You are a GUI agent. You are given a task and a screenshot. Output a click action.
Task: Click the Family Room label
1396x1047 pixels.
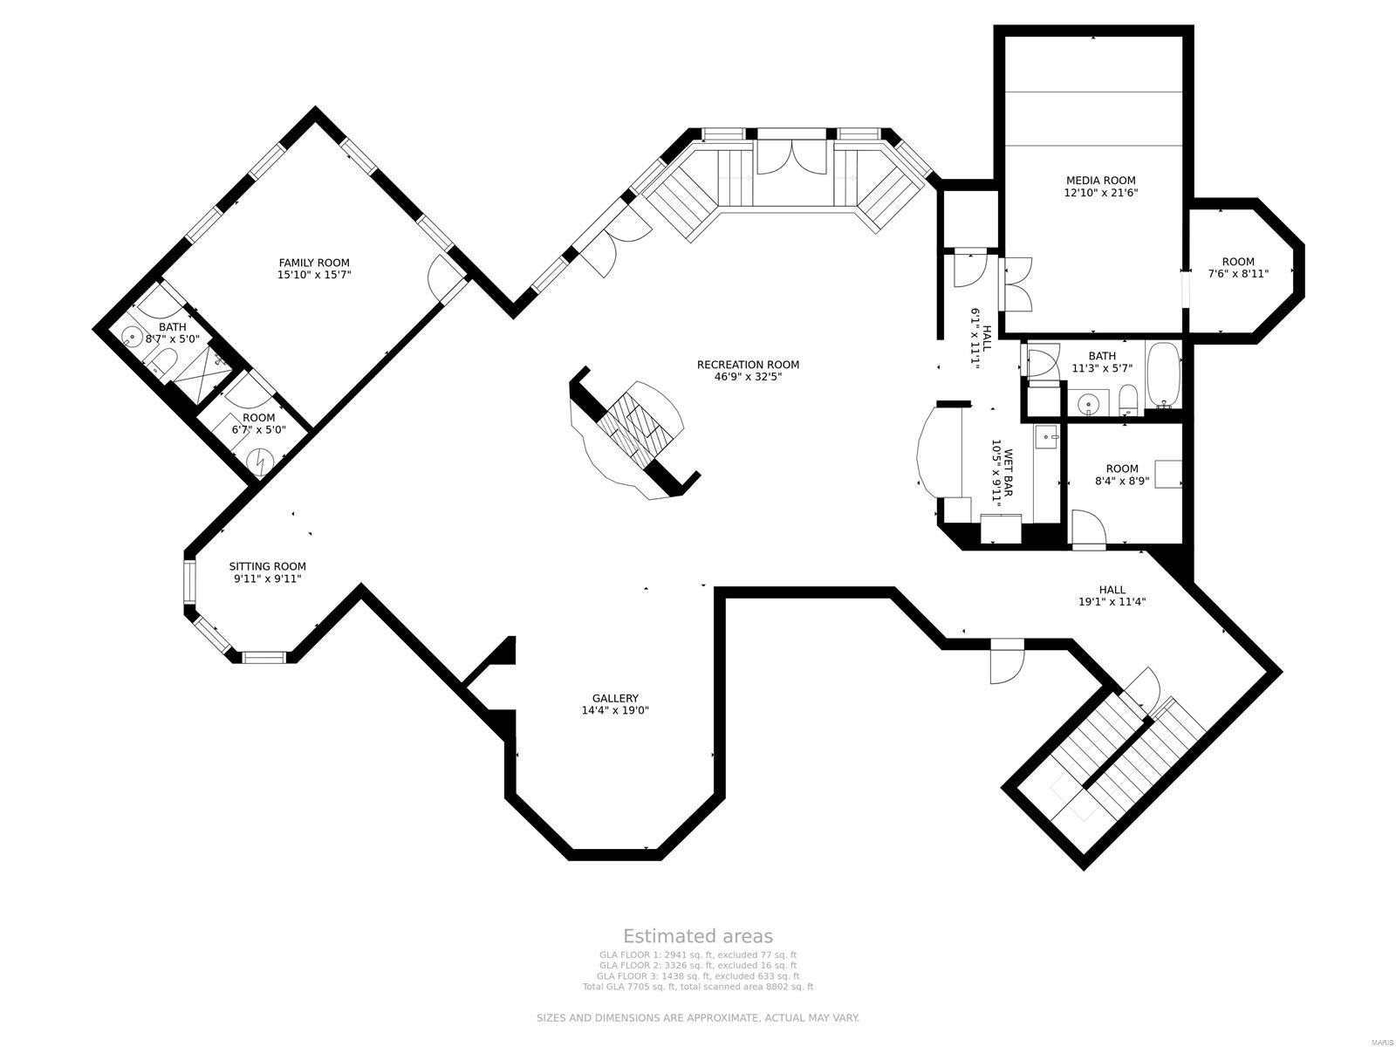pos(314,263)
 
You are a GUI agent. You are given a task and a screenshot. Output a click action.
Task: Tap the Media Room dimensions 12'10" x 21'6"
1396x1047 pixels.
pos(1100,194)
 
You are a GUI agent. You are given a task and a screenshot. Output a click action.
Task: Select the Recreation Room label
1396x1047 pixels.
pos(748,365)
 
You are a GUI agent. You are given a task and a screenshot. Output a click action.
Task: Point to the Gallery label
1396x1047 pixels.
pos(615,698)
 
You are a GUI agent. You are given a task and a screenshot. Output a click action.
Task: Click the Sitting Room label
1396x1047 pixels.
pos(267,566)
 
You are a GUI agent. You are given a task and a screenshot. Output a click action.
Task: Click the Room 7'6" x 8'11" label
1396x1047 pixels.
pos(1237,262)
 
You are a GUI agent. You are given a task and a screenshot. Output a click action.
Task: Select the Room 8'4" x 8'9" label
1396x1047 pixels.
pos(1122,469)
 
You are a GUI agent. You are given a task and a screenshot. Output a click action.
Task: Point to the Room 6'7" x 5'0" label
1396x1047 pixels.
pos(258,418)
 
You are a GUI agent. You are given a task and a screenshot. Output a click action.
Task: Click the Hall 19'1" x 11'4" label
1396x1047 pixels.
pos(1112,590)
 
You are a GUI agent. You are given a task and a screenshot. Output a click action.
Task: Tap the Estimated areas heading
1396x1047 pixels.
pos(697,936)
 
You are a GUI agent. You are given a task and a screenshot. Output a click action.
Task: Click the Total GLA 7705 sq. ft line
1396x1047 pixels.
pos(697,987)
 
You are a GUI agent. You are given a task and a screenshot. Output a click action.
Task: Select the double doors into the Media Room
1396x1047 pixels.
pos(1016,284)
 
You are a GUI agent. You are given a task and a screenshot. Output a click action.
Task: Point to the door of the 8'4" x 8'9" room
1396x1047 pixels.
pos(1087,530)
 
